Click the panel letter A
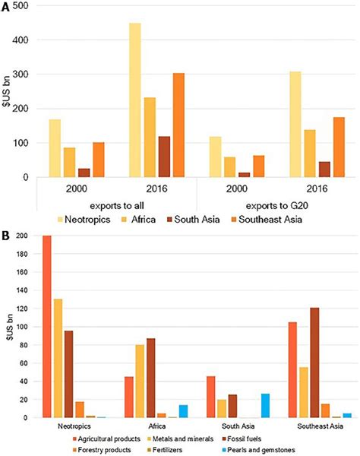point(6,6)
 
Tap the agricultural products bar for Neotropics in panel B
point(47,327)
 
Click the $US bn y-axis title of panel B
point(8,325)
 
